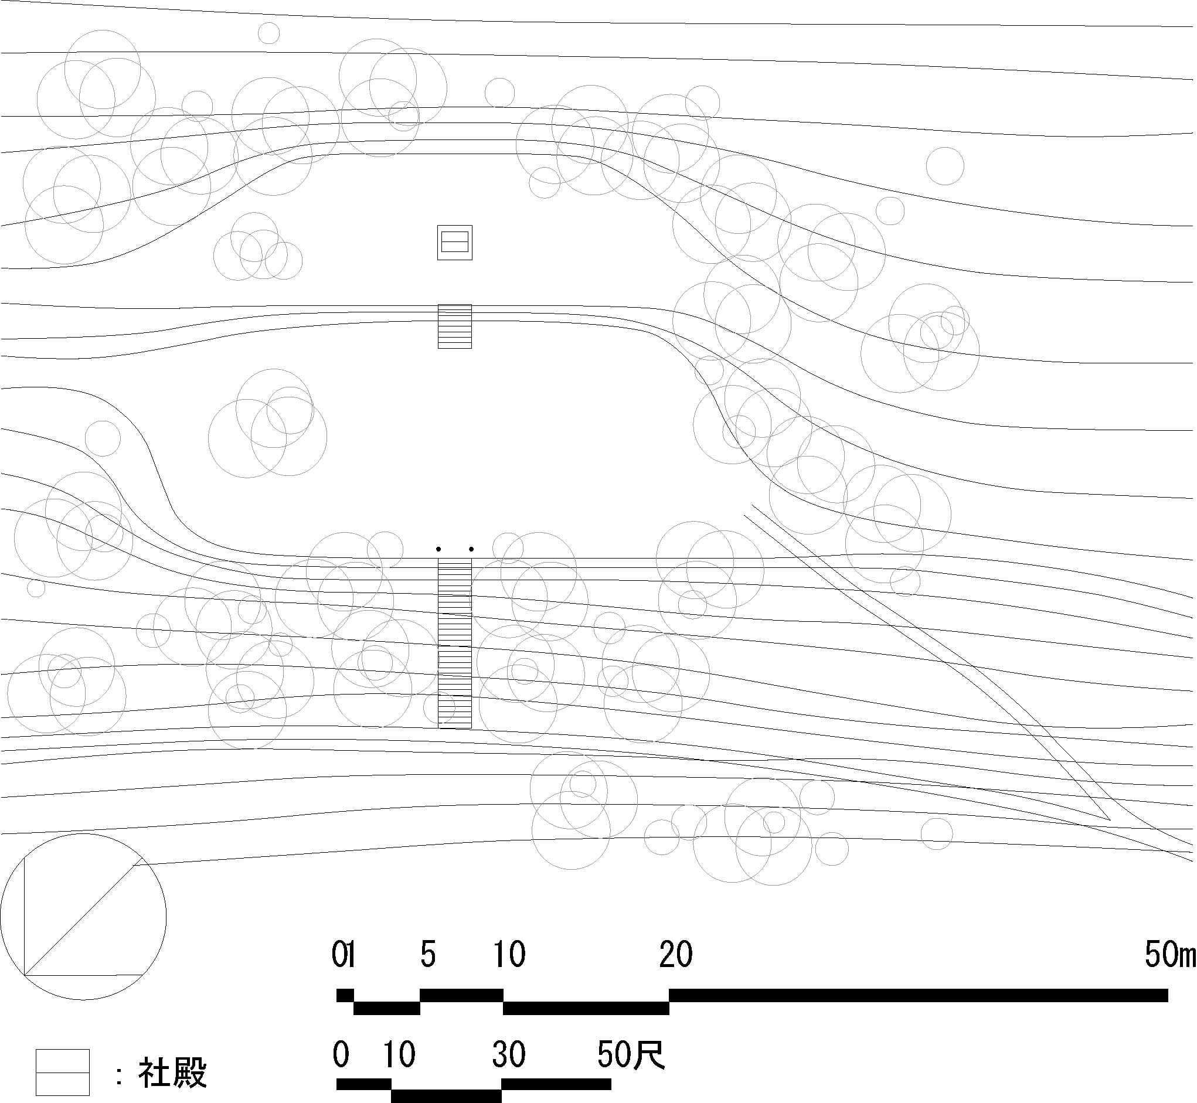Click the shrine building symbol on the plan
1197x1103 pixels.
(x=455, y=242)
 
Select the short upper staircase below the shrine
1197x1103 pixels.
(x=455, y=326)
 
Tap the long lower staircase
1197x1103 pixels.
(x=455, y=644)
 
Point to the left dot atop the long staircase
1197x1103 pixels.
(x=439, y=549)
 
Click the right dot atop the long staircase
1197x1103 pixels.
(x=472, y=549)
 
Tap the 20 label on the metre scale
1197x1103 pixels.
(x=676, y=954)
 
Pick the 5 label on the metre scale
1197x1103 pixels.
(x=428, y=954)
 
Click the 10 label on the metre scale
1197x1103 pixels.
(x=509, y=954)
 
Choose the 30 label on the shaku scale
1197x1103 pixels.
(x=509, y=1055)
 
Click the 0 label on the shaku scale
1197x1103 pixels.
(x=341, y=1055)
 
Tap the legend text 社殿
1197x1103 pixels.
(x=172, y=1073)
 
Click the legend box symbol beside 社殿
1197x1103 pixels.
(x=62, y=1073)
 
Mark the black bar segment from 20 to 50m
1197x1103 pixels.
(x=918, y=995)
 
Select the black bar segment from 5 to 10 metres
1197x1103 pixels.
(x=461, y=995)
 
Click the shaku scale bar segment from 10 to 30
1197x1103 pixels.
(x=447, y=1096)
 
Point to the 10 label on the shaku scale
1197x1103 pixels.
(x=399, y=1055)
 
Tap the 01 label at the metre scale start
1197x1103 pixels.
(x=344, y=954)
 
